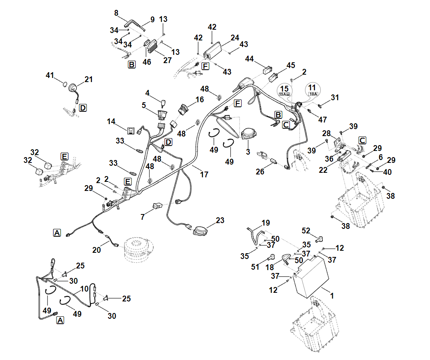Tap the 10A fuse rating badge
[x=313, y=94]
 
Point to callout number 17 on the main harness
[x=204, y=174]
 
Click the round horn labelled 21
[x=73, y=88]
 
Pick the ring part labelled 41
[x=65, y=85]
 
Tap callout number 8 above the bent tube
[x=117, y=13]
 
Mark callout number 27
[x=167, y=60]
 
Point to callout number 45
[x=291, y=65]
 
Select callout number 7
[x=143, y=216]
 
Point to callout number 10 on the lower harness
[x=85, y=289]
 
